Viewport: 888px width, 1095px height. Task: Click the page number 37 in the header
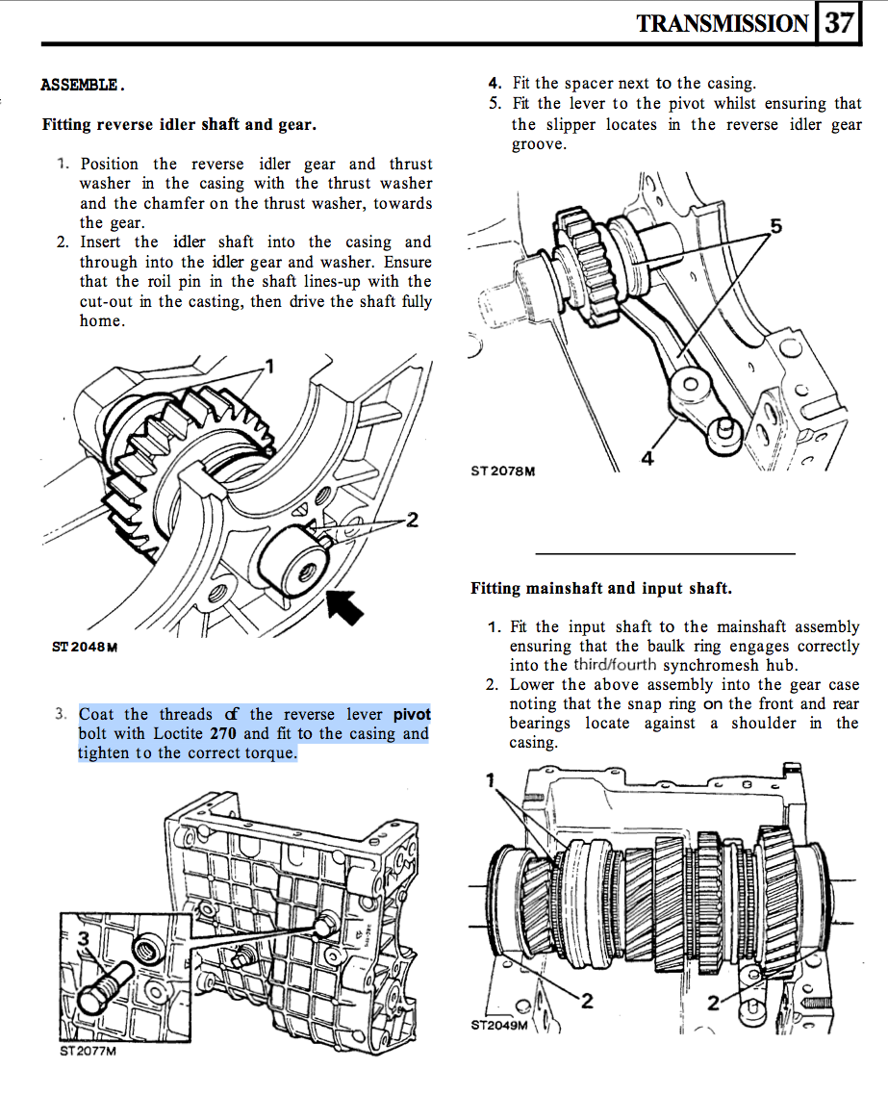point(839,23)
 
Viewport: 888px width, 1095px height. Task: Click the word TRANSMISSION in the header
point(722,24)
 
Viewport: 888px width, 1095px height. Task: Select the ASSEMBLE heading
point(83,85)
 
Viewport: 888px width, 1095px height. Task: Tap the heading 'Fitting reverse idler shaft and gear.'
point(179,125)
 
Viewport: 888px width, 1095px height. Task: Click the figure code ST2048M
point(85,647)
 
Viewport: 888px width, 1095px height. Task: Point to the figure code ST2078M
point(503,471)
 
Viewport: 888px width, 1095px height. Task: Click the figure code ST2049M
point(499,1025)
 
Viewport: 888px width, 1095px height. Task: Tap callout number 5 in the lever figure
point(776,227)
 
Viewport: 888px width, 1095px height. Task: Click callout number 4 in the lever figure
point(647,459)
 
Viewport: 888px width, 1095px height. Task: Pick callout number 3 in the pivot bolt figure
point(84,937)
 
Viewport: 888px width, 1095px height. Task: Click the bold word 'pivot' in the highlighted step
point(412,715)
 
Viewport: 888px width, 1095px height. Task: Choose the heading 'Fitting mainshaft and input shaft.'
point(601,588)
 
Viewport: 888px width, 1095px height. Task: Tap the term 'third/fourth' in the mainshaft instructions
point(616,665)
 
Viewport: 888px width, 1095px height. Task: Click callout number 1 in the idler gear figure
point(269,366)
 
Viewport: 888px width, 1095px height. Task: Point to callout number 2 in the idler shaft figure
point(412,521)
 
